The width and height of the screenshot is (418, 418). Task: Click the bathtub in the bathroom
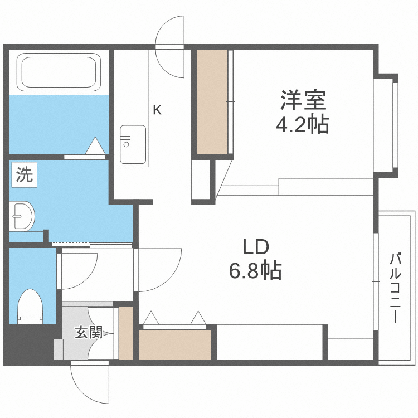[x=58, y=72]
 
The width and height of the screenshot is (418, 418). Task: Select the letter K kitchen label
[x=157, y=110]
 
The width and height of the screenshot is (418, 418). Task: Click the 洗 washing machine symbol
[x=23, y=176]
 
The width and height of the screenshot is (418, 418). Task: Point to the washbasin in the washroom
[x=22, y=215]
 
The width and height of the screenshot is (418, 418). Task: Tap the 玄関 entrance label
[x=89, y=333]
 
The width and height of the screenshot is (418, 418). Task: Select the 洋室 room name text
[x=303, y=101]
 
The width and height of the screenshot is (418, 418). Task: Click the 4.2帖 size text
[x=303, y=124]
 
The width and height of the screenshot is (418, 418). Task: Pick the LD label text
[x=255, y=247]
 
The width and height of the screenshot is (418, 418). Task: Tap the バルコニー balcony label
[x=396, y=288]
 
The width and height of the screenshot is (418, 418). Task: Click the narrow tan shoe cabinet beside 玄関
[x=127, y=333]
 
